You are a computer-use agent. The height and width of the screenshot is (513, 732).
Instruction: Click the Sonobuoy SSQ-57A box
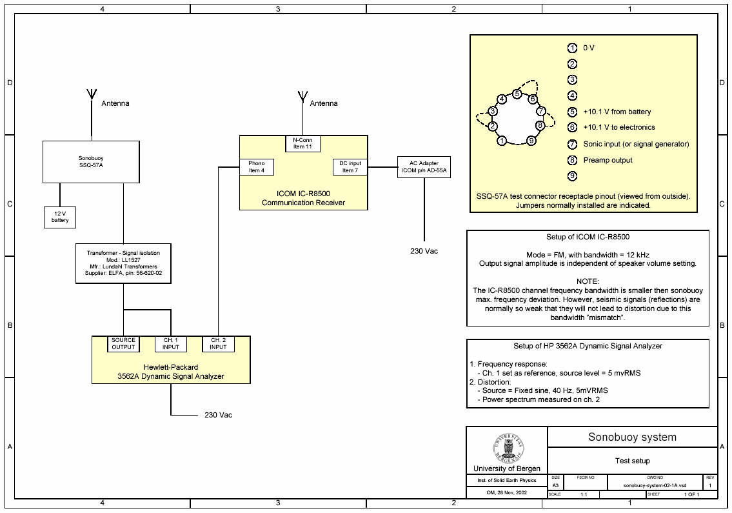pos(91,161)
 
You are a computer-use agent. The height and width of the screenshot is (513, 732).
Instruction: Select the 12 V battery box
pos(60,217)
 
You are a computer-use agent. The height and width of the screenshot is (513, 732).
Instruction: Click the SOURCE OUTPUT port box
pos(123,344)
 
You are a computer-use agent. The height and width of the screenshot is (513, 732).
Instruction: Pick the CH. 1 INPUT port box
pos(171,344)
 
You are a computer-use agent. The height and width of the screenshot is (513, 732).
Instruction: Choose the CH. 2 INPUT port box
pos(218,344)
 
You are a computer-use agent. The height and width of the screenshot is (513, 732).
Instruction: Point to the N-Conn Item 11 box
pos(302,143)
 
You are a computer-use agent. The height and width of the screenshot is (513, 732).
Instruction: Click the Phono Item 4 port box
pos(257,166)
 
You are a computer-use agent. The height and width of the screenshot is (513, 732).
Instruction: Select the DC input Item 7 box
pos(350,166)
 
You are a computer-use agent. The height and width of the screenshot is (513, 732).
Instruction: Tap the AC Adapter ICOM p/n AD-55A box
pos(423,167)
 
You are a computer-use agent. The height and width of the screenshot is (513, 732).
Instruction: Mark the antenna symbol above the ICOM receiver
pos(301,97)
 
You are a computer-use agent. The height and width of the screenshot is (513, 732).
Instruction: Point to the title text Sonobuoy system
pos(632,437)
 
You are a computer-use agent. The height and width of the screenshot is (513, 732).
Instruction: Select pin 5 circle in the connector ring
pos(517,94)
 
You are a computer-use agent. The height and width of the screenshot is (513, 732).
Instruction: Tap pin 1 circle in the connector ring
pos(502,140)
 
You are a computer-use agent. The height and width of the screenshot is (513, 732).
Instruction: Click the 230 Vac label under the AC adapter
pos(424,250)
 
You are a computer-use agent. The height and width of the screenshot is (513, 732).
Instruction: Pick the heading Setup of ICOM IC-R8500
pos(587,237)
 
